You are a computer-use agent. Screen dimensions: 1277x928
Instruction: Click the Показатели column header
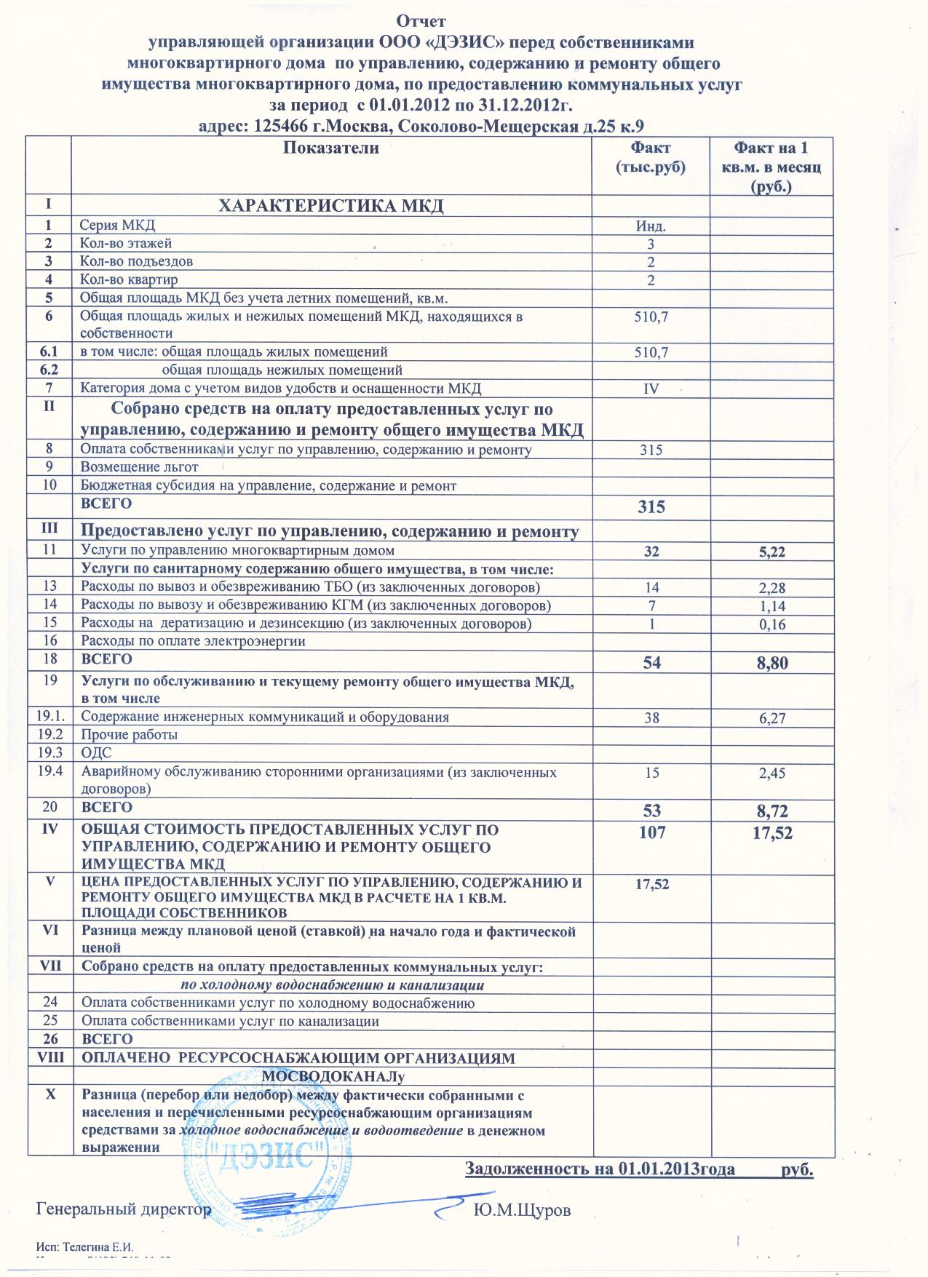[331, 148]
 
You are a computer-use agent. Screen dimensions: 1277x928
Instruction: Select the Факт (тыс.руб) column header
[651, 157]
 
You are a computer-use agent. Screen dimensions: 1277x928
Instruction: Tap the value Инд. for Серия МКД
[651, 226]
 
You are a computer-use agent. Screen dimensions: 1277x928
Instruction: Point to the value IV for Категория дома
[651, 389]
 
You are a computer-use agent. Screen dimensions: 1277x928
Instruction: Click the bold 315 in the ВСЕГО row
[651, 507]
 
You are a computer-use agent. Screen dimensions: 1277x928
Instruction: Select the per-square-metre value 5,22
[772, 552]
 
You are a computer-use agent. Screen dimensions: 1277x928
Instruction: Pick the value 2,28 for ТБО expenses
[772, 588]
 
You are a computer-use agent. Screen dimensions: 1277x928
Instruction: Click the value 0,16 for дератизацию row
[772, 624]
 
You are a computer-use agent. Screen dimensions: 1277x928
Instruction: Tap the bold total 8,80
[771, 663]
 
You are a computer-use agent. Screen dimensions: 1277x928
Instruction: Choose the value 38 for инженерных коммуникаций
[651, 717]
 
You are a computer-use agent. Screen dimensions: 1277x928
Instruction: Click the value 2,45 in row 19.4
[772, 773]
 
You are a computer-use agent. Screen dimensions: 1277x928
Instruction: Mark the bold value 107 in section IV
[651, 833]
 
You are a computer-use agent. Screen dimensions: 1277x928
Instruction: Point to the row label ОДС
[96, 752]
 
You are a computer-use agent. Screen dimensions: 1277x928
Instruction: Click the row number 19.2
[49, 734]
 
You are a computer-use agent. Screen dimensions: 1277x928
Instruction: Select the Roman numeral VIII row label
[49, 1057]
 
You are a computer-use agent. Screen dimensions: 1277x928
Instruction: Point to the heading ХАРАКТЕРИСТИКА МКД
[331, 206]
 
